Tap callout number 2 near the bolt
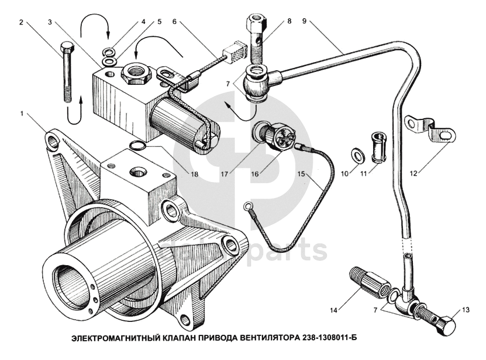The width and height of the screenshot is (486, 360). point(22,23)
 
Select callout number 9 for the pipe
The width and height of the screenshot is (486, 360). point(304,22)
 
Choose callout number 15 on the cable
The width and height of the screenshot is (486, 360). point(301,174)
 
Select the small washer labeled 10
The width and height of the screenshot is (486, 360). point(356,155)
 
